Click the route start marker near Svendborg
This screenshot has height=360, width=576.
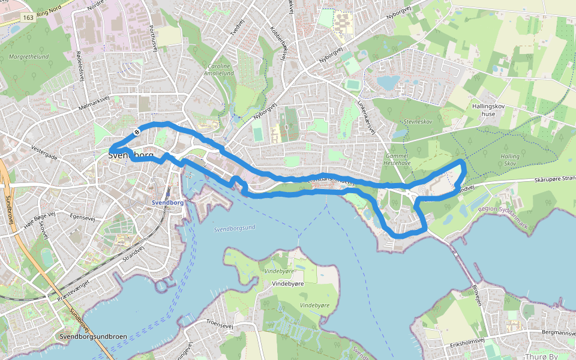(x=137, y=132)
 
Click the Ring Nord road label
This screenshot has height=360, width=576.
(x=50, y=10)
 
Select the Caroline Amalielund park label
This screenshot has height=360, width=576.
(x=220, y=70)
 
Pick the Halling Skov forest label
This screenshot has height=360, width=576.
(x=510, y=160)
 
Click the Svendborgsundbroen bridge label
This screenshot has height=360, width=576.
(x=94, y=337)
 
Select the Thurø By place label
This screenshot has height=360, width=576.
(x=541, y=356)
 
